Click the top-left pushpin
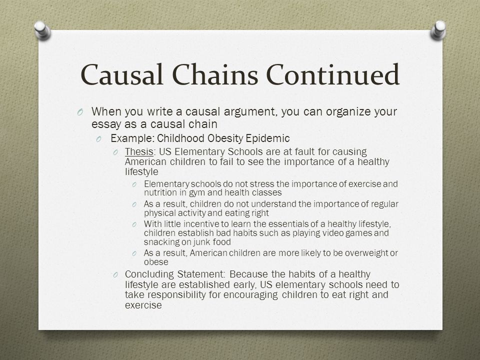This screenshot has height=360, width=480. tap(42, 30)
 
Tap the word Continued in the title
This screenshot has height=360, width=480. tap(333, 74)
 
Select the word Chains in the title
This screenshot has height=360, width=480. tap(215, 74)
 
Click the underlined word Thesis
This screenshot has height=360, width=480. tap(139, 151)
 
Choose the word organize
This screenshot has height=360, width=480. tap(348, 111)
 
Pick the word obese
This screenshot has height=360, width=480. tap(156, 262)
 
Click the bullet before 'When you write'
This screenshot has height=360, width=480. tap(80, 112)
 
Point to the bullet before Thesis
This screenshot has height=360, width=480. tap(115, 152)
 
